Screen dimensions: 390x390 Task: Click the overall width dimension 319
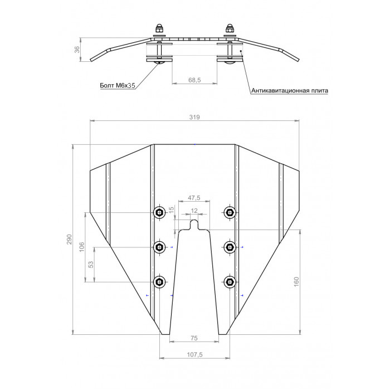pyautogui.click(x=194, y=117)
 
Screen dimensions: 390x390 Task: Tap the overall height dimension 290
pyautogui.click(x=69, y=239)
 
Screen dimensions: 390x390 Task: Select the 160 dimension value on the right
pyautogui.click(x=296, y=282)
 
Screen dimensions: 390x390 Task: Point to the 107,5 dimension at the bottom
pyautogui.click(x=194, y=355)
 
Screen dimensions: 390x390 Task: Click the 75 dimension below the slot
pyautogui.click(x=194, y=338)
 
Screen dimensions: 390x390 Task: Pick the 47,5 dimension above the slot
pyautogui.click(x=194, y=198)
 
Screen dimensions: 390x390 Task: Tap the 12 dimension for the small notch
pyautogui.click(x=194, y=211)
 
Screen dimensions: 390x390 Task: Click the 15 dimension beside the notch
pyautogui.click(x=172, y=209)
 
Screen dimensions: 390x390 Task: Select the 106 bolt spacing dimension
pyautogui.click(x=82, y=247)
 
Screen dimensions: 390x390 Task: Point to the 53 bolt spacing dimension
pyautogui.click(x=91, y=265)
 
